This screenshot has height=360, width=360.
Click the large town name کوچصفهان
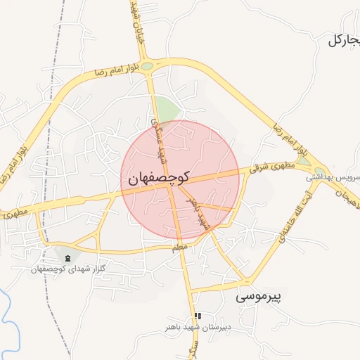click(157, 179)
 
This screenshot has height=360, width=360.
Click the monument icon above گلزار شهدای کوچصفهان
click(67, 258)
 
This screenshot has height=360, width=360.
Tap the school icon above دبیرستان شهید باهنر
click(198, 316)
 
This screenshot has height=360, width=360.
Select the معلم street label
click(180, 248)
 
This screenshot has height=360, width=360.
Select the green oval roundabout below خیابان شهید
click(147, 67)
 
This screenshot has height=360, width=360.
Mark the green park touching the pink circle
click(167, 110)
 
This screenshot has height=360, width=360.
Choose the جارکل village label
click(344, 41)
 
